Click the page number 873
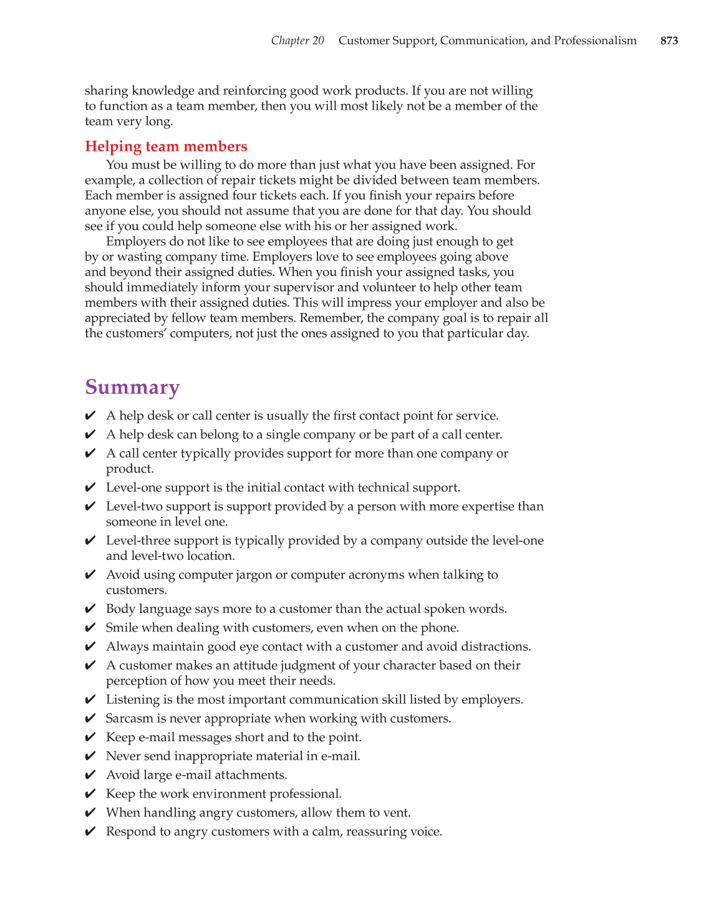tap(669, 41)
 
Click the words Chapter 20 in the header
tap(297, 41)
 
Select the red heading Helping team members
tap(166, 146)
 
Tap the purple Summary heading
tap(132, 387)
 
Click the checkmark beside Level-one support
tap(90, 487)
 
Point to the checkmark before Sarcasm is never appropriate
tap(90, 719)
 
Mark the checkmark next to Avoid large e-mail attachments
tap(90, 775)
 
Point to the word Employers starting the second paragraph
tap(134, 242)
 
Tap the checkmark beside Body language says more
tap(90, 609)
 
